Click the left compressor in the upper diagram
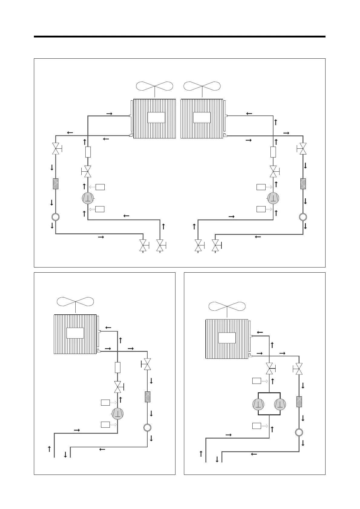point(88,198)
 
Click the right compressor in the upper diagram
point(273,198)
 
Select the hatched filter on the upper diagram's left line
point(55,184)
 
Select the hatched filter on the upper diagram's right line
point(303,184)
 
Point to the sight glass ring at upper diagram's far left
point(55,217)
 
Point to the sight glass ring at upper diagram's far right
point(303,217)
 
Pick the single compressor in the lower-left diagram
point(117,413)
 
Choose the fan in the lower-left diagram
point(75,302)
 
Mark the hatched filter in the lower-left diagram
point(147,397)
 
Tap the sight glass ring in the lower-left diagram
point(147,428)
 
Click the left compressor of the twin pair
point(258,404)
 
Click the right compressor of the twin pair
point(280,404)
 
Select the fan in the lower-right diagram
point(227,306)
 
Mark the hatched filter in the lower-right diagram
point(299,401)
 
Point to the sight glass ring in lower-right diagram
point(299,432)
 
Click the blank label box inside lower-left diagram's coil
point(75,333)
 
